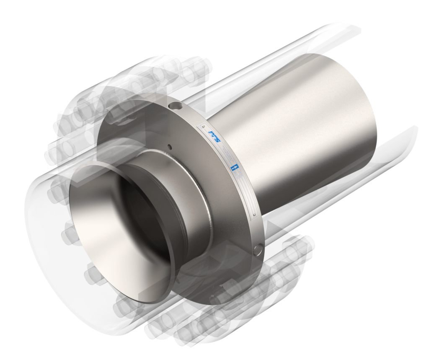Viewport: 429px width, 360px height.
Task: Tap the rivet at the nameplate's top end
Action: pos(204,124)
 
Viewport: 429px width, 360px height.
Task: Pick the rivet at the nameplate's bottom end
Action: pos(254,216)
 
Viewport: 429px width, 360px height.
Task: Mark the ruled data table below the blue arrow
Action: pos(245,193)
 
